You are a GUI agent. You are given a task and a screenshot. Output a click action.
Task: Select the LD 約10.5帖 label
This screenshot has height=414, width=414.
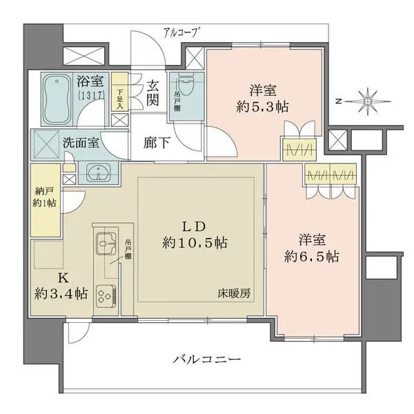point(195,235)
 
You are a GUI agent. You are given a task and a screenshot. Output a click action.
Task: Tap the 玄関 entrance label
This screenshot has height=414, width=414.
point(153,95)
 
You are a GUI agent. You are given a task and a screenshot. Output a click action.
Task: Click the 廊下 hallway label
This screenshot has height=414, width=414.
point(153,144)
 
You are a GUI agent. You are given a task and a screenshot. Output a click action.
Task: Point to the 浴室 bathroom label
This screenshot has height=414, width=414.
point(89,81)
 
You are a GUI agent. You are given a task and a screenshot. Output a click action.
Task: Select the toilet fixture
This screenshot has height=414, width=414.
point(186,89)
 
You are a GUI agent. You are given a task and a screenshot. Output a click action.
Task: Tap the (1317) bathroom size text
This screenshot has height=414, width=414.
point(89,95)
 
